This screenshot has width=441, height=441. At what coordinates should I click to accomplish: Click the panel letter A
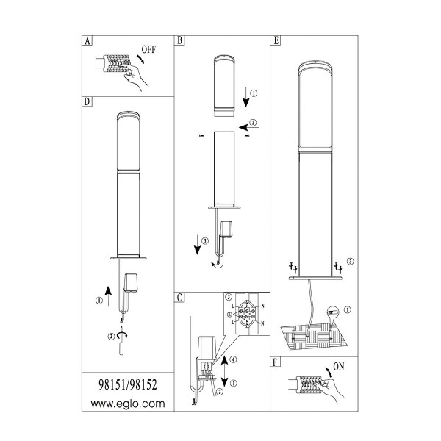(87, 41)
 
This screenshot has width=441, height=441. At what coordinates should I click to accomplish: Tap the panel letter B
(179, 40)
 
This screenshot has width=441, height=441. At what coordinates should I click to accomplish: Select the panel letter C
(180, 298)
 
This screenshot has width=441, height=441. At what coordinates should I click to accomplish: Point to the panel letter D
(87, 102)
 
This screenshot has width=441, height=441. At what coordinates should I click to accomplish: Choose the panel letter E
(276, 40)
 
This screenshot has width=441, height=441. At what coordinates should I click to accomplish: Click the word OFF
(148, 50)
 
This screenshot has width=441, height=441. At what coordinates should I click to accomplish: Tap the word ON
(339, 367)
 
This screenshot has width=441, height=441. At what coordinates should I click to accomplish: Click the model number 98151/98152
(128, 384)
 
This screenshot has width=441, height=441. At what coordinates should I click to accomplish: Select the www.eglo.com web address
(128, 404)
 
